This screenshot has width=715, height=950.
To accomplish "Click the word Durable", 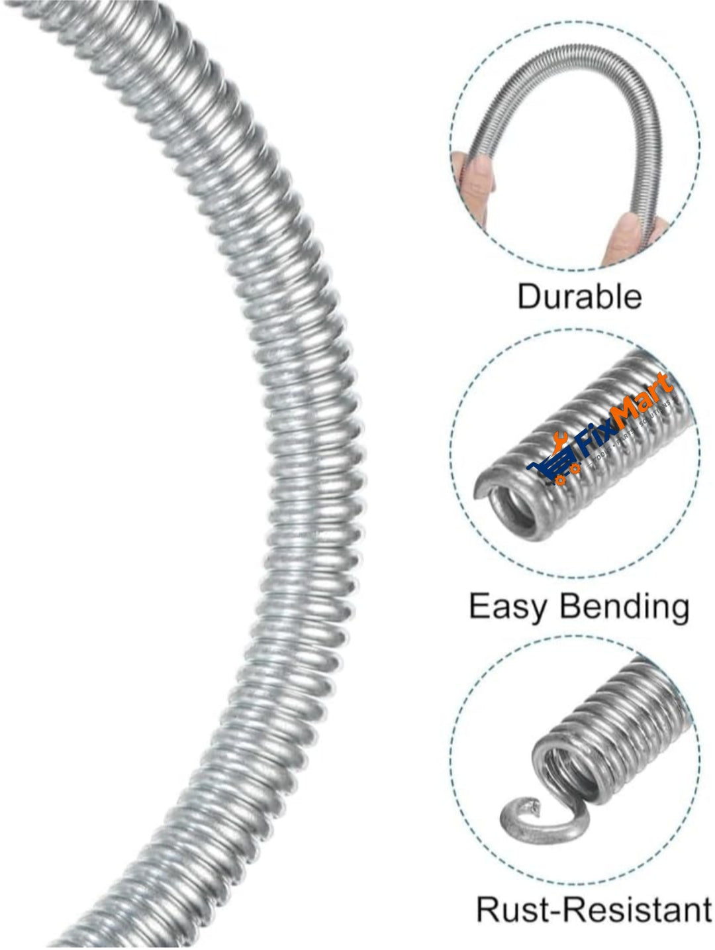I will pyautogui.click(x=579, y=296).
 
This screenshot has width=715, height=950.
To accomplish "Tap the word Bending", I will pyautogui.click(x=622, y=607).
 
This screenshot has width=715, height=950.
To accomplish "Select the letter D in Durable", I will pyautogui.click(x=528, y=296).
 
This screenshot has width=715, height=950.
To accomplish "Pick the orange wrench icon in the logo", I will pyautogui.click(x=560, y=440).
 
